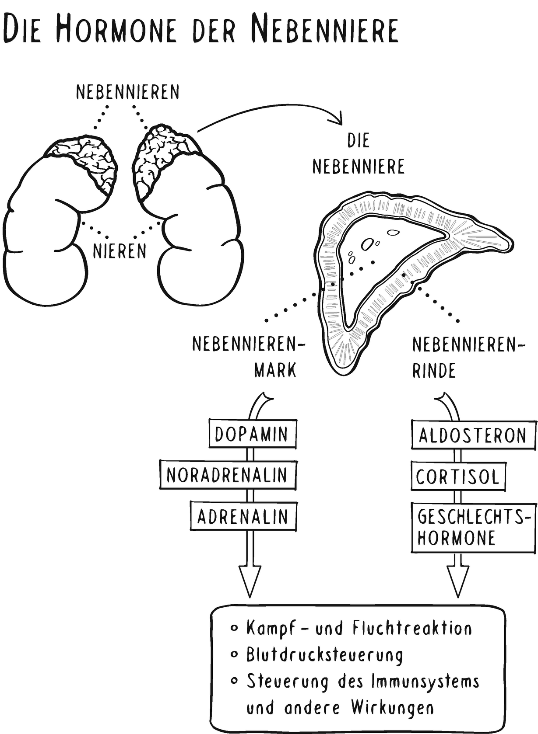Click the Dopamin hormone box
(x=252, y=434)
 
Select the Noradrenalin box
(x=227, y=475)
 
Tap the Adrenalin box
(x=243, y=517)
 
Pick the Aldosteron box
(x=473, y=435)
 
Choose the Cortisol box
(x=458, y=477)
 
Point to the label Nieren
(x=120, y=251)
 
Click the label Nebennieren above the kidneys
(x=127, y=92)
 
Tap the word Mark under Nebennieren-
(x=275, y=370)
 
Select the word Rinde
(x=434, y=371)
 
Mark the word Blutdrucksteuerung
(x=324, y=655)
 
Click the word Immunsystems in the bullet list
(x=425, y=681)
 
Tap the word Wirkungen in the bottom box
(x=392, y=707)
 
